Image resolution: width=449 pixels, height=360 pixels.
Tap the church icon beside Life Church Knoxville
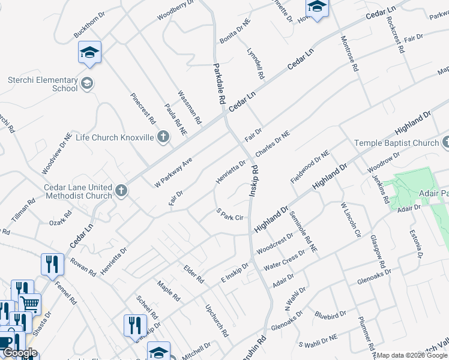(163, 137)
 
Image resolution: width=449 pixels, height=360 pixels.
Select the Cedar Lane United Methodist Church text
(78, 191)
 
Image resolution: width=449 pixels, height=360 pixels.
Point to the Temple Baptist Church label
(396, 143)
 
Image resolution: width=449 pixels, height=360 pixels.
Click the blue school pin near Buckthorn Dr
(89, 53)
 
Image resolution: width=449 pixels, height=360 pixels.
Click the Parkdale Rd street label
(218, 84)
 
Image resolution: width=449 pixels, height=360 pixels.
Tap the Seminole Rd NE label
(298, 230)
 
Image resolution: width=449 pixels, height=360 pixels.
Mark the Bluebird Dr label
(330, 314)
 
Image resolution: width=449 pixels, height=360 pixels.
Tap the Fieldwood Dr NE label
(310, 167)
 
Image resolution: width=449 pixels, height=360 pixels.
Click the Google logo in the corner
(20, 353)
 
